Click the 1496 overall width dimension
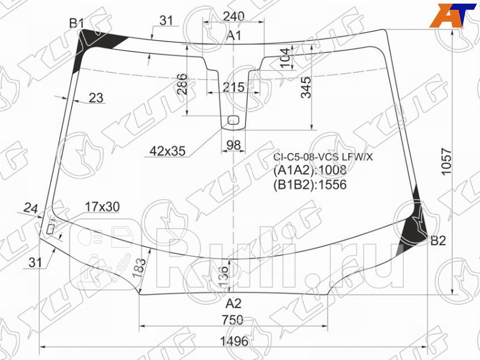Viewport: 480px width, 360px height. (x=234, y=341)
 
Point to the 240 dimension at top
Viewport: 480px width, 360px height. (x=234, y=17)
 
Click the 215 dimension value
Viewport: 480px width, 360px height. (x=233, y=88)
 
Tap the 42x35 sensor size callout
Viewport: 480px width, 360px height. (x=167, y=151)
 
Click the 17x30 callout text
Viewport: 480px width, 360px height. (x=101, y=207)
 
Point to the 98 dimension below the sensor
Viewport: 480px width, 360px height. (x=233, y=145)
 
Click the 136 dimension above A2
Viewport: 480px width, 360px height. (x=223, y=277)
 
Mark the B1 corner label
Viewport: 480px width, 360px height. (x=76, y=23)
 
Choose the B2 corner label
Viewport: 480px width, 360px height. (x=438, y=241)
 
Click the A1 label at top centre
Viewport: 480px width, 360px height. (x=233, y=37)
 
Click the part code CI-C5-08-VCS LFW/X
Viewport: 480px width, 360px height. (x=323, y=157)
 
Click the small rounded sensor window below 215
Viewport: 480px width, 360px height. (x=233, y=120)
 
